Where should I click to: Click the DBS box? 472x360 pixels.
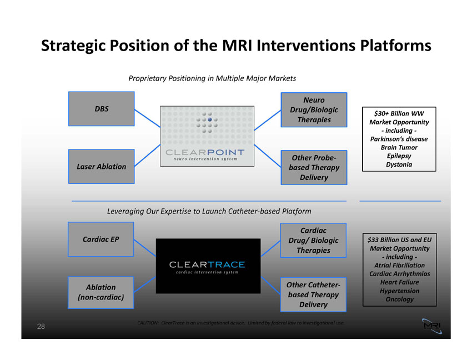click(102, 109)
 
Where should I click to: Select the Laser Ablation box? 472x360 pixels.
click(102, 167)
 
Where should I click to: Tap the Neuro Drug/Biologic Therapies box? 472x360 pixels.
click(314, 109)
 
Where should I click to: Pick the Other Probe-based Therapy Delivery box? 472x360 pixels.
click(314, 167)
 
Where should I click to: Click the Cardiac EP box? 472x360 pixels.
click(101, 239)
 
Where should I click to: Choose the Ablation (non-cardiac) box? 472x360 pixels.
click(101, 293)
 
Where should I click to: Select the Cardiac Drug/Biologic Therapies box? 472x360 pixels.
click(313, 241)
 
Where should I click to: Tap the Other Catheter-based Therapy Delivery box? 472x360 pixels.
click(313, 294)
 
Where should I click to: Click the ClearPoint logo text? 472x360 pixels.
click(205, 152)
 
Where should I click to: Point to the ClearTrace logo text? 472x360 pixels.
click(207, 264)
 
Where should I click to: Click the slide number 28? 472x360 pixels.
click(41, 326)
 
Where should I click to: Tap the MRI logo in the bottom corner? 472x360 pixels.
click(432, 326)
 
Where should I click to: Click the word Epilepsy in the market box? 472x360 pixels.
click(399, 156)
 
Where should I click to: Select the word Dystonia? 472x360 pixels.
click(399, 164)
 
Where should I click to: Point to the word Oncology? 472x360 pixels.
click(400, 299)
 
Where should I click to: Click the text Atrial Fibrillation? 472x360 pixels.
click(400, 265)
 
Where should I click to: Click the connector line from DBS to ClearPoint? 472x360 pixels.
click(147, 118)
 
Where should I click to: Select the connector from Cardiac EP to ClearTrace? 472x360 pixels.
click(145, 248)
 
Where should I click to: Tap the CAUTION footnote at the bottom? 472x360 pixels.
click(241, 323)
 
